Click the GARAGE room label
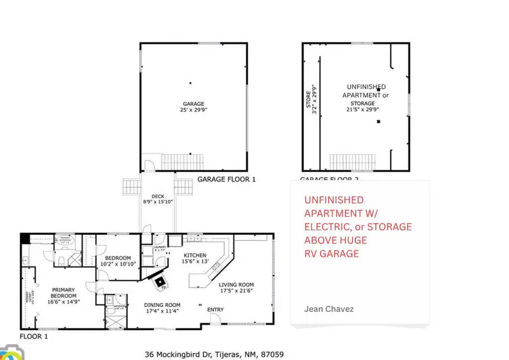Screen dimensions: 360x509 [193, 104]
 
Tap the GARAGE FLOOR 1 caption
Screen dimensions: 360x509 [226, 179]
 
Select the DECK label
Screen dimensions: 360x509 [158, 196]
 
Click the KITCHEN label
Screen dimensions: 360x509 [194, 255]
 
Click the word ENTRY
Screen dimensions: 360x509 [215, 310]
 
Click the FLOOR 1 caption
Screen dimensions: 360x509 [34, 336]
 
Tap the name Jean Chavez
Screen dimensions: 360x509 [328, 309]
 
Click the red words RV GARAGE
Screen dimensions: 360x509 [331, 254]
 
